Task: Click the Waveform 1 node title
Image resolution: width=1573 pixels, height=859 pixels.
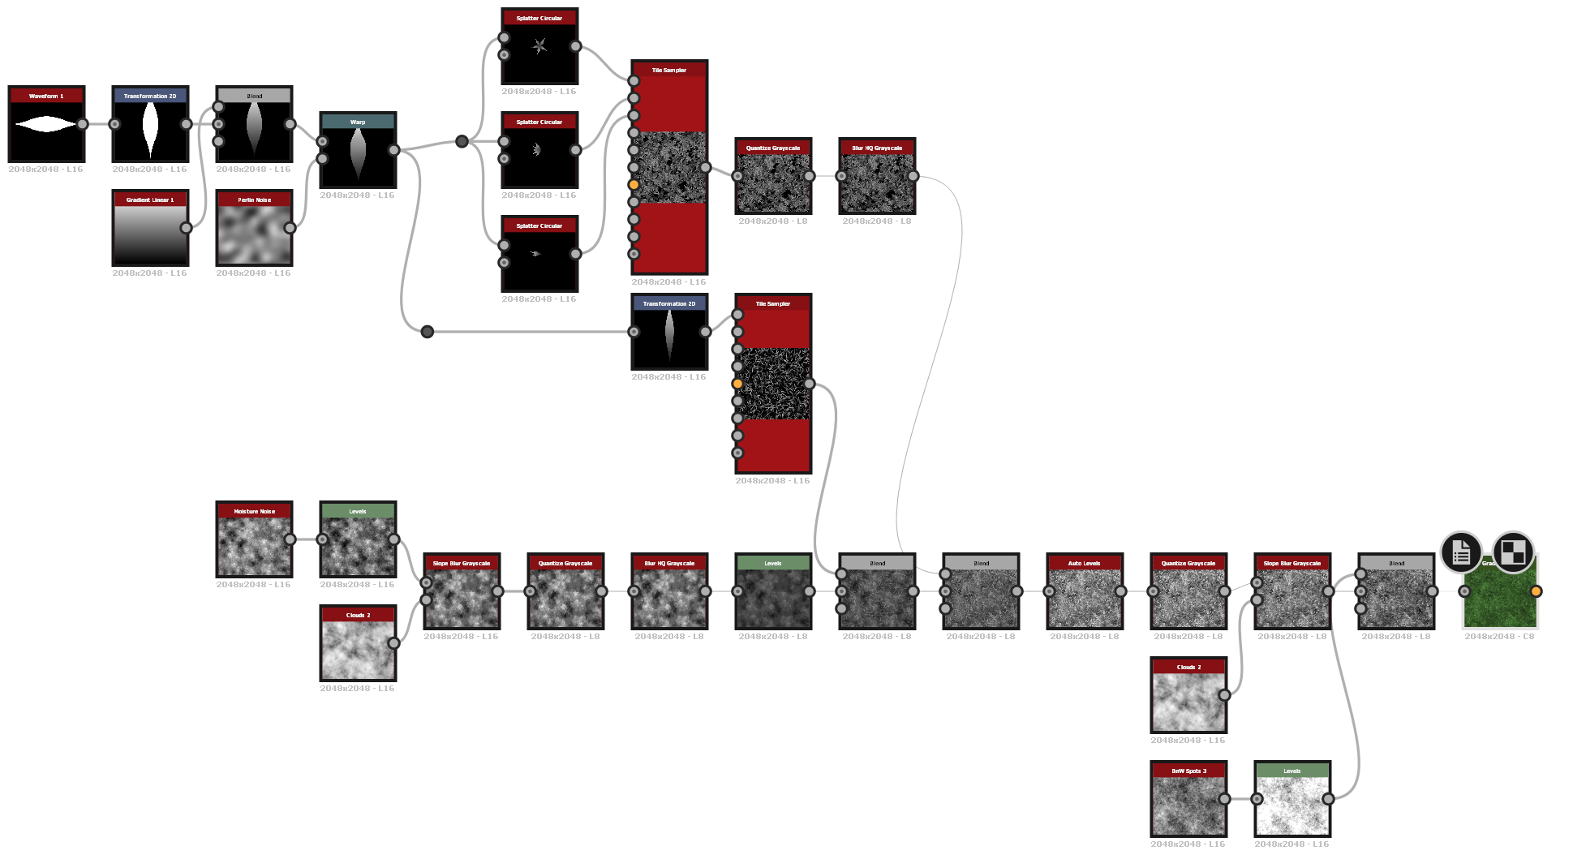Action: click(x=46, y=96)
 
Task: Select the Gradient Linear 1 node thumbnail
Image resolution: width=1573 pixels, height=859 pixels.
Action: click(x=150, y=234)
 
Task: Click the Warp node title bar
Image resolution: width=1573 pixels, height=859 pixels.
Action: click(x=358, y=122)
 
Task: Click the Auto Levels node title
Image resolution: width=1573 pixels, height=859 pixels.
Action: click(x=1085, y=563)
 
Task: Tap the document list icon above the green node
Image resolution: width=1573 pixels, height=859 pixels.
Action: click(x=1461, y=552)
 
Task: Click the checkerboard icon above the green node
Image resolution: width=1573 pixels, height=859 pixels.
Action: click(x=1513, y=552)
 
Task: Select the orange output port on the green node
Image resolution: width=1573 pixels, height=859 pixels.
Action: click(x=1536, y=591)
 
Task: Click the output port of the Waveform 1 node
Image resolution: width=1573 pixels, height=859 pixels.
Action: click(x=83, y=124)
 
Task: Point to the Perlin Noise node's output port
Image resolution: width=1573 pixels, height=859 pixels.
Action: click(x=290, y=228)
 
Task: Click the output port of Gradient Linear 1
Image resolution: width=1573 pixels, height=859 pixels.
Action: click(x=186, y=228)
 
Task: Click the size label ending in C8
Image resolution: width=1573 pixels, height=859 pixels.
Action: click(x=1499, y=637)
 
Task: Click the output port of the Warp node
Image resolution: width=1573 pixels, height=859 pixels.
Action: click(x=393, y=150)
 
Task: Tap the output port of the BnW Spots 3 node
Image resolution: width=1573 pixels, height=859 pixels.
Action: click(x=1224, y=799)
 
